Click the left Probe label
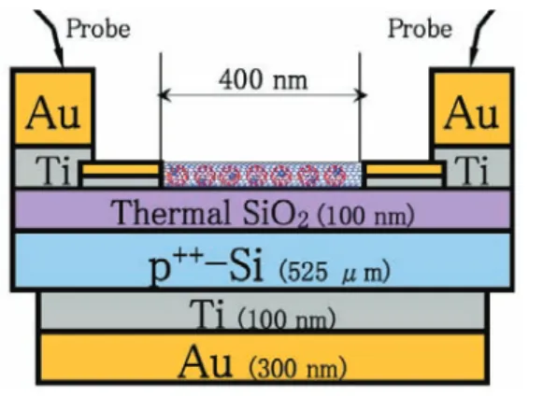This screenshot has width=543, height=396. click(98, 29)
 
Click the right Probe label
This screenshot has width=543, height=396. click(420, 29)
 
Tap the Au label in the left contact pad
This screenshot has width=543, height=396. click(53, 113)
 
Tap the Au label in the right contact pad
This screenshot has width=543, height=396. click(472, 113)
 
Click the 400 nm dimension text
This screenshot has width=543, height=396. click(264, 79)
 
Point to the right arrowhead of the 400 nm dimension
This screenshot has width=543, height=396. click(360, 95)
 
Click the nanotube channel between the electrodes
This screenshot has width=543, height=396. click(262, 175)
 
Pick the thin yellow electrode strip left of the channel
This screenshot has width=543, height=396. click(121, 169)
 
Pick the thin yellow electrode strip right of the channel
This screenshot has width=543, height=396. click(404, 169)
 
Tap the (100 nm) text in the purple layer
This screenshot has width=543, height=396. click(365, 216)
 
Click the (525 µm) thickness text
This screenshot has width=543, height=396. click(335, 272)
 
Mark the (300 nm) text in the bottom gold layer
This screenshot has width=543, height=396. click(298, 368)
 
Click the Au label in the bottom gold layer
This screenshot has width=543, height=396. click(205, 362)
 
